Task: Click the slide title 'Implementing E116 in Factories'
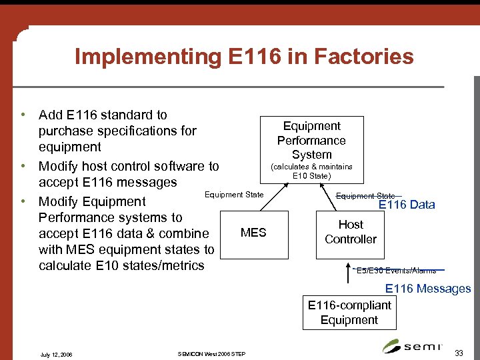coord(244,57)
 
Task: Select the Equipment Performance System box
coord(311,140)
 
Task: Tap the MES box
coord(253,233)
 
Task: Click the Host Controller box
coord(351,232)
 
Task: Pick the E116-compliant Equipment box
coord(349,313)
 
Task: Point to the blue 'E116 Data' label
coord(407,205)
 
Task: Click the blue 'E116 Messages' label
coord(428,289)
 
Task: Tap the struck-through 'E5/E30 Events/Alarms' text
coord(396,271)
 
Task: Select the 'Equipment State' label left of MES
coord(233,195)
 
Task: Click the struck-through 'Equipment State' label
coord(365,196)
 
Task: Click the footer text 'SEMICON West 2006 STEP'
coord(211,353)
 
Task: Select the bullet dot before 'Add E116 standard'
coord(23,115)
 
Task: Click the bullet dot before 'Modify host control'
coord(23,166)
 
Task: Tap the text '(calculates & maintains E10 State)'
coord(311,171)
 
